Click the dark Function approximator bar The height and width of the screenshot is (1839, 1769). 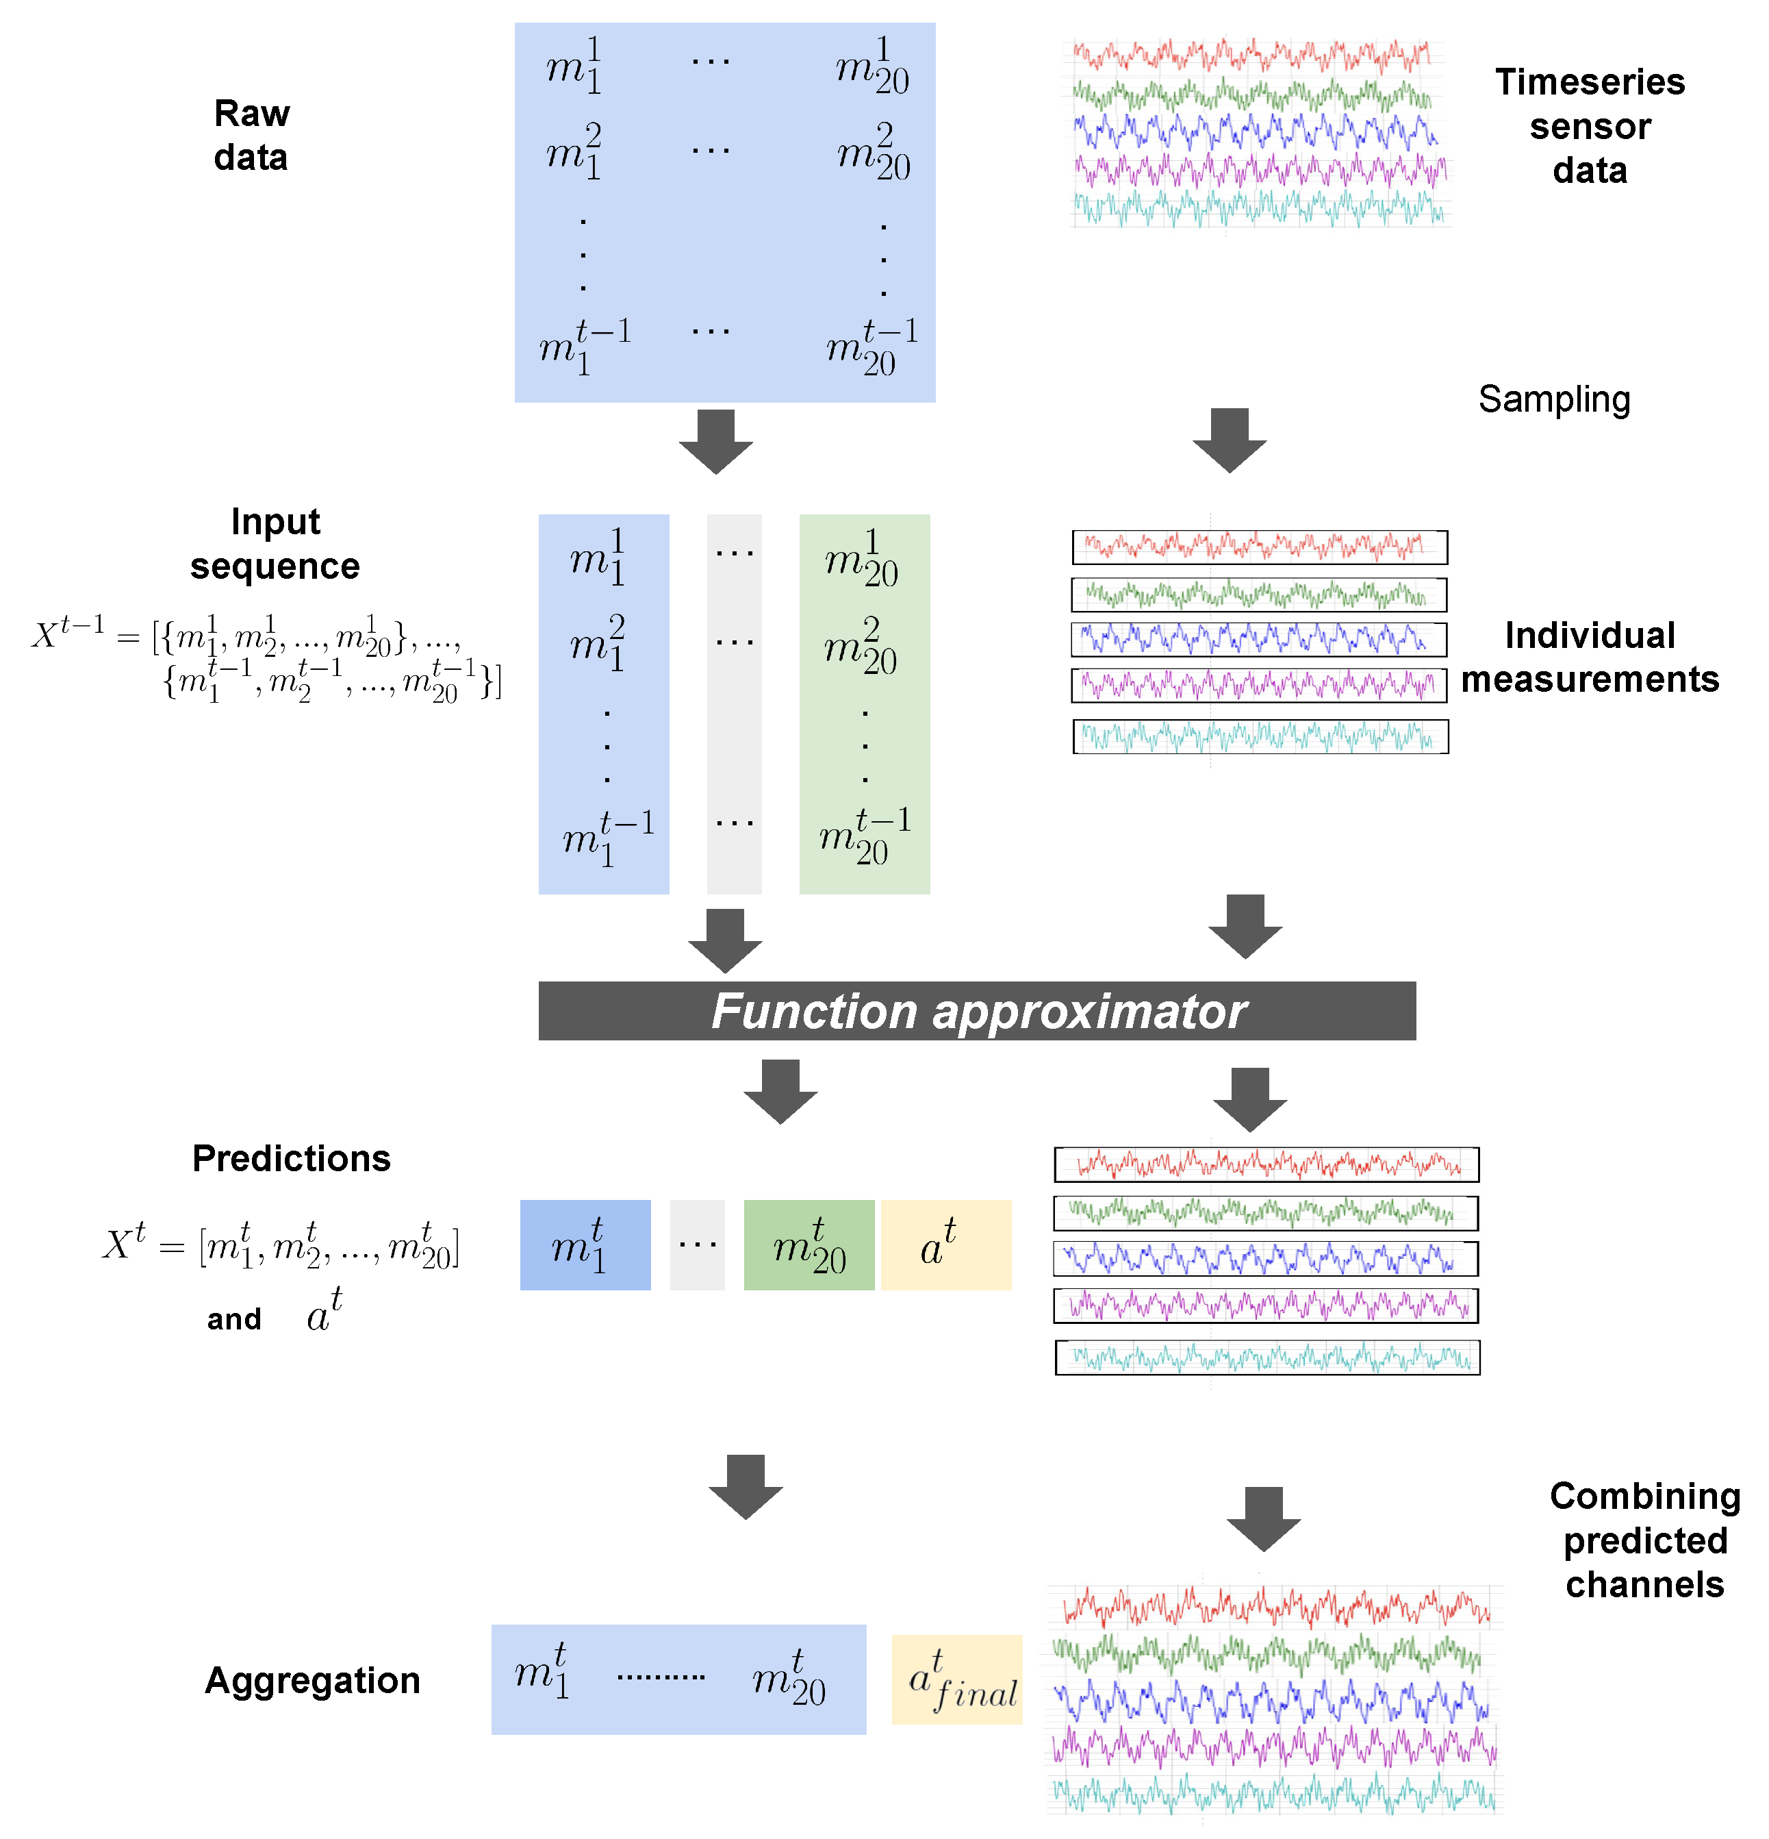click(x=976, y=1010)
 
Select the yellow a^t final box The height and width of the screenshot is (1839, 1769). click(x=956, y=1679)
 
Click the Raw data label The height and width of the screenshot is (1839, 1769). click(x=251, y=135)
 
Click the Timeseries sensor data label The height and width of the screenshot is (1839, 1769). click(x=1589, y=126)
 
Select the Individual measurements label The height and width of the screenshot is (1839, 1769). click(x=1589, y=657)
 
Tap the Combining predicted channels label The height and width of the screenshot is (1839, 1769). click(x=1644, y=1540)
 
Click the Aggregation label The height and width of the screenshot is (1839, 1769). click(x=312, y=1679)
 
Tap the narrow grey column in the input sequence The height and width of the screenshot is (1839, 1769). click(x=733, y=703)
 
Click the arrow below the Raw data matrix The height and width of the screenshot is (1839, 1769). click(x=715, y=441)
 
